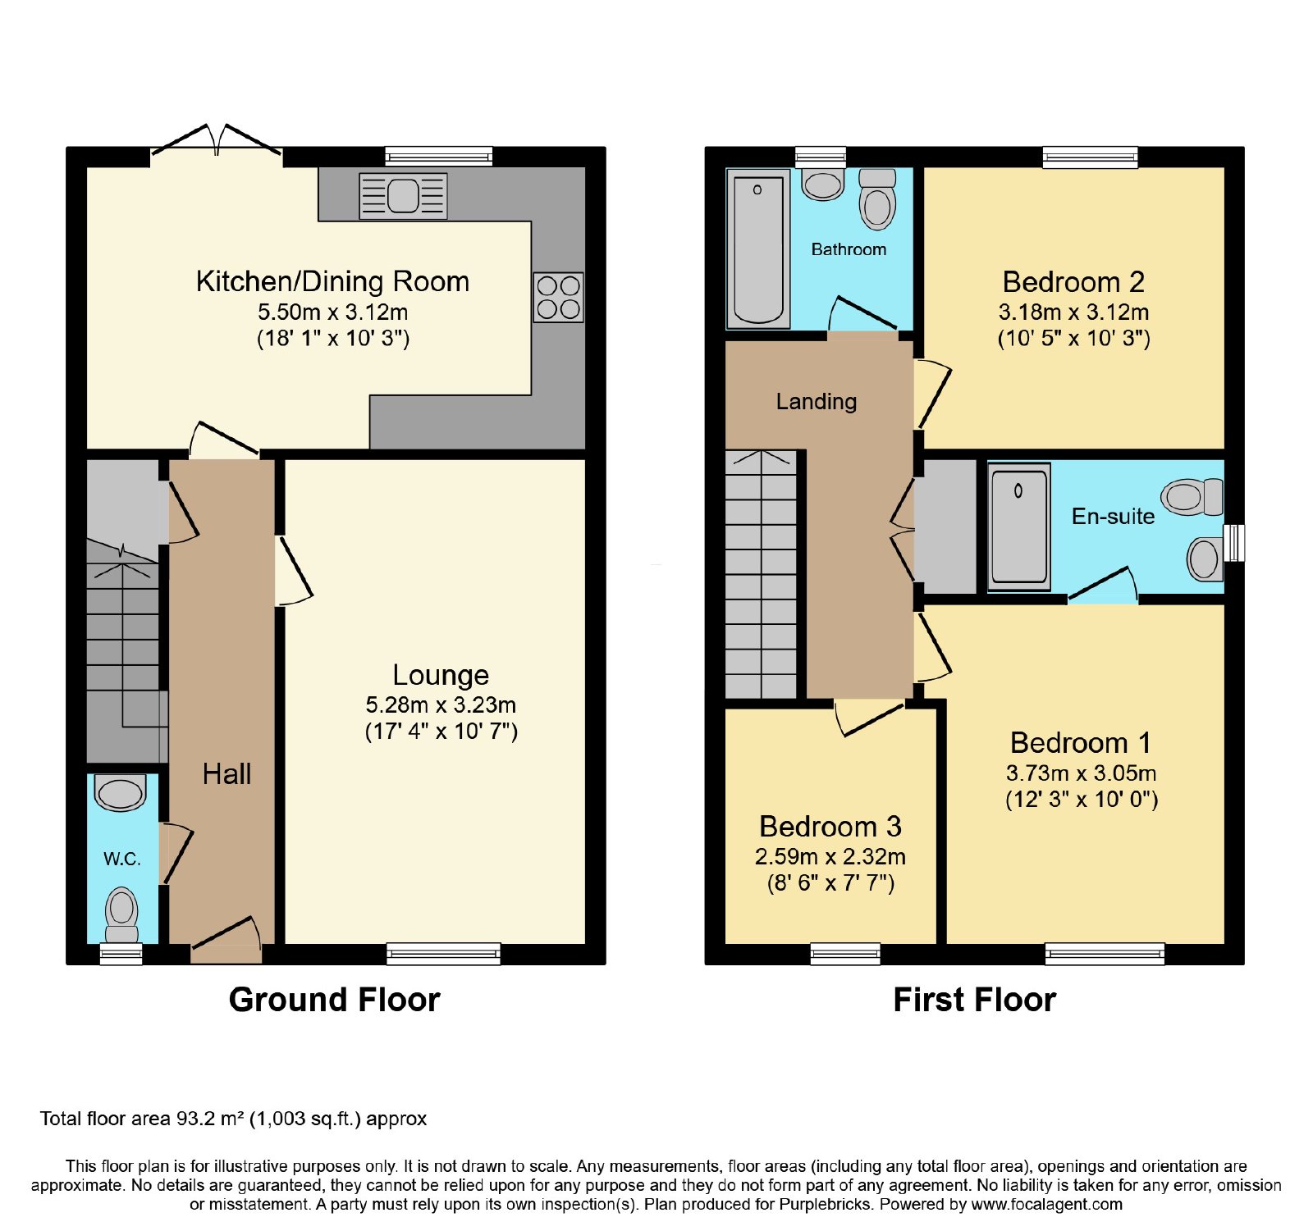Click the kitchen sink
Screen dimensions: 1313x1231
pyautogui.click(x=403, y=196)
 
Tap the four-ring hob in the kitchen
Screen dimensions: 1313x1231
pyautogui.click(x=558, y=297)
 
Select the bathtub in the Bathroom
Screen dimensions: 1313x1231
pyautogui.click(x=758, y=248)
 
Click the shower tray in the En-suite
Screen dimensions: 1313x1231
pyautogui.click(x=1019, y=527)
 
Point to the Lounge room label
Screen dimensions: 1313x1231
pyautogui.click(x=441, y=675)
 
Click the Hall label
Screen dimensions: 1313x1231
pyautogui.click(x=226, y=774)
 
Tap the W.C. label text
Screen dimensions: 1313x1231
pyautogui.click(x=122, y=859)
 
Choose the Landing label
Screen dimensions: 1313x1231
pyautogui.click(x=817, y=401)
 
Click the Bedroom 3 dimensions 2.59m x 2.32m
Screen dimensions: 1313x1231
pyautogui.click(x=830, y=857)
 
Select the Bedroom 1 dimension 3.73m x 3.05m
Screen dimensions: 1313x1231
pyautogui.click(x=1082, y=773)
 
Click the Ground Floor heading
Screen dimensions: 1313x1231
pyautogui.click(x=335, y=1000)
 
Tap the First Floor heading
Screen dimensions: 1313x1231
pyautogui.click(x=975, y=1000)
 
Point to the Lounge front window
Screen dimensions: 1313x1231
pyautogui.click(x=443, y=953)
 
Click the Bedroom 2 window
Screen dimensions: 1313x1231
pyautogui.click(x=1090, y=157)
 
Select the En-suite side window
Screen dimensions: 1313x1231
pyautogui.click(x=1234, y=543)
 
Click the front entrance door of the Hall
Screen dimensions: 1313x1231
pyautogui.click(x=226, y=940)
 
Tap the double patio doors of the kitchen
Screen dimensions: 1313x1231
pyautogui.click(x=217, y=139)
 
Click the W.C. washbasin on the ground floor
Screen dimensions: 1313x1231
pyautogui.click(x=121, y=792)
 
